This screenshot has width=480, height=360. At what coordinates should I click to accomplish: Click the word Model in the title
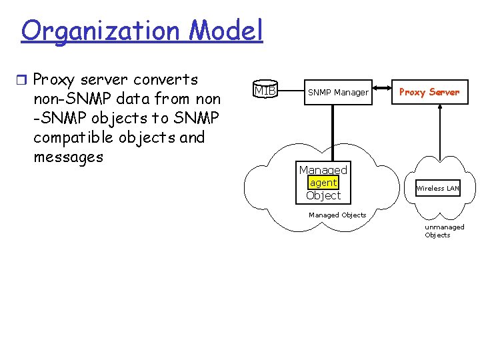[226, 31]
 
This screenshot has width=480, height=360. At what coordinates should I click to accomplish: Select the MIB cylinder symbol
[265, 90]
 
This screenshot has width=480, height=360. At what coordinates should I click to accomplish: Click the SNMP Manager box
[337, 92]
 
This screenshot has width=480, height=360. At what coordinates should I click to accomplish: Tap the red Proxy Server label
[429, 92]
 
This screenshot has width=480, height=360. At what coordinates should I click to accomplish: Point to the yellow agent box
[323, 183]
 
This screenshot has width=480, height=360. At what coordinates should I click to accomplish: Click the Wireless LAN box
[438, 189]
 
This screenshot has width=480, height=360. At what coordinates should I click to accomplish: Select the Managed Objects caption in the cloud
[337, 215]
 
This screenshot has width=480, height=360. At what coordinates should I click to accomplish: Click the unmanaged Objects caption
[444, 231]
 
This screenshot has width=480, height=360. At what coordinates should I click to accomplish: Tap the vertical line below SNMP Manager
[333, 133]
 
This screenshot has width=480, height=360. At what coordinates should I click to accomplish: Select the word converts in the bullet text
[166, 80]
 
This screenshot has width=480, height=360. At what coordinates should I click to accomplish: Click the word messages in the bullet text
[68, 158]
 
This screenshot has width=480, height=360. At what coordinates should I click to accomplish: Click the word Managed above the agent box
[323, 170]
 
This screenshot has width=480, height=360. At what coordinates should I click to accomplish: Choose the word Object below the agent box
[323, 195]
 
